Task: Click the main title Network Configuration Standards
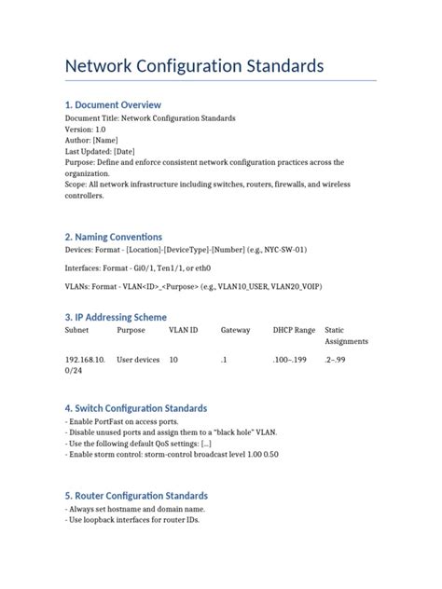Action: click(194, 66)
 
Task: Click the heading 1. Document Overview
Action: click(113, 105)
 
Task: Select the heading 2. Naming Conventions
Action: click(113, 237)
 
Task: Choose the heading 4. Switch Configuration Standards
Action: click(136, 408)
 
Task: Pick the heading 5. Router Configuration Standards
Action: click(136, 496)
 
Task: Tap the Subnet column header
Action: click(77, 330)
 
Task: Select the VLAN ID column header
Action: click(183, 330)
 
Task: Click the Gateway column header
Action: click(236, 330)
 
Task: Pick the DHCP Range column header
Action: click(294, 330)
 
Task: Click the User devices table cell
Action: click(138, 359)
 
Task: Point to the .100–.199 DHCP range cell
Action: click(289, 359)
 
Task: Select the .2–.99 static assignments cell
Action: click(338, 359)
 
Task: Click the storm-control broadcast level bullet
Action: click(172, 454)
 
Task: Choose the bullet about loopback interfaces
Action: click(132, 520)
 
